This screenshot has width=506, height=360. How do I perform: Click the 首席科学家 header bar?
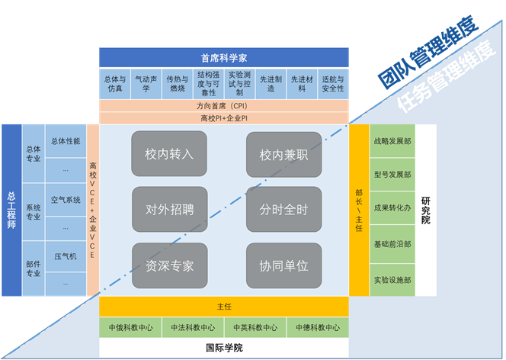coord(224,57)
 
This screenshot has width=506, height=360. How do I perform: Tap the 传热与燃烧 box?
coord(178,83)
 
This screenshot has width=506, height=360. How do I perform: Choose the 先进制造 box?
coord(271,83)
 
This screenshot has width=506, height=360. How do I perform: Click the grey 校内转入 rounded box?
coord(169,154)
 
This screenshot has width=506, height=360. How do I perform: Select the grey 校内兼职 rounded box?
coord(283,154)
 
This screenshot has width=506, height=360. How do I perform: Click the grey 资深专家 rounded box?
coord(169,265)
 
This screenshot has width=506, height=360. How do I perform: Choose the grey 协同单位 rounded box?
coord(283,265)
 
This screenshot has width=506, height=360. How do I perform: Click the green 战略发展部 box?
coord(392,140)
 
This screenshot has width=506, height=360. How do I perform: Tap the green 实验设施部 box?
coord(392,280)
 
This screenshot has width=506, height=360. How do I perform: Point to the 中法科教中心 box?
coord(193,328)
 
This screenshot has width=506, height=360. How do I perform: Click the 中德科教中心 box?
coord(318,328)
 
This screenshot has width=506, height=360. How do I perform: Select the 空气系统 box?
coord(66,200)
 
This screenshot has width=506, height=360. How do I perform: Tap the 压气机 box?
coord(66,256)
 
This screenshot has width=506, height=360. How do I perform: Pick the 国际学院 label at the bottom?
coord(224,349)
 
